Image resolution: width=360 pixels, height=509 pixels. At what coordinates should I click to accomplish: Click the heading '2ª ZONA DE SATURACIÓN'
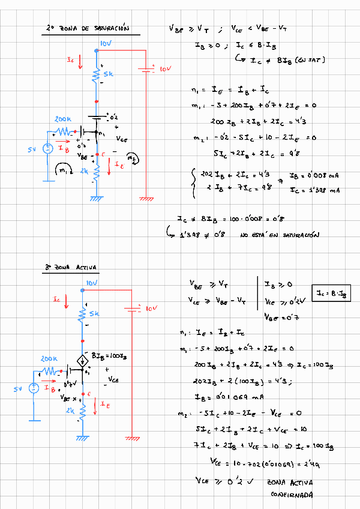point(87,28)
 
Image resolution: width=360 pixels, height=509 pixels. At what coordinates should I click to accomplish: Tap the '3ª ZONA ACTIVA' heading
point(71,268)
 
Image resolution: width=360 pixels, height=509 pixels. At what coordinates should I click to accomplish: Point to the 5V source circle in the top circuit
point(47,148)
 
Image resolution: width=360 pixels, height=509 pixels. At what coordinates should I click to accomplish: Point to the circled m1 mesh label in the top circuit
point(61,170)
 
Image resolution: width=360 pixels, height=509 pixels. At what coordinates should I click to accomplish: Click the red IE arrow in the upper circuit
point(109,167)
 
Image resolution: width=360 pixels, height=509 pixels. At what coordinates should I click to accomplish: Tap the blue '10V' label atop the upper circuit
point(106,44)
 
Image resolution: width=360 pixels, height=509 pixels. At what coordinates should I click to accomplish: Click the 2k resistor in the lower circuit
point(82,409)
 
